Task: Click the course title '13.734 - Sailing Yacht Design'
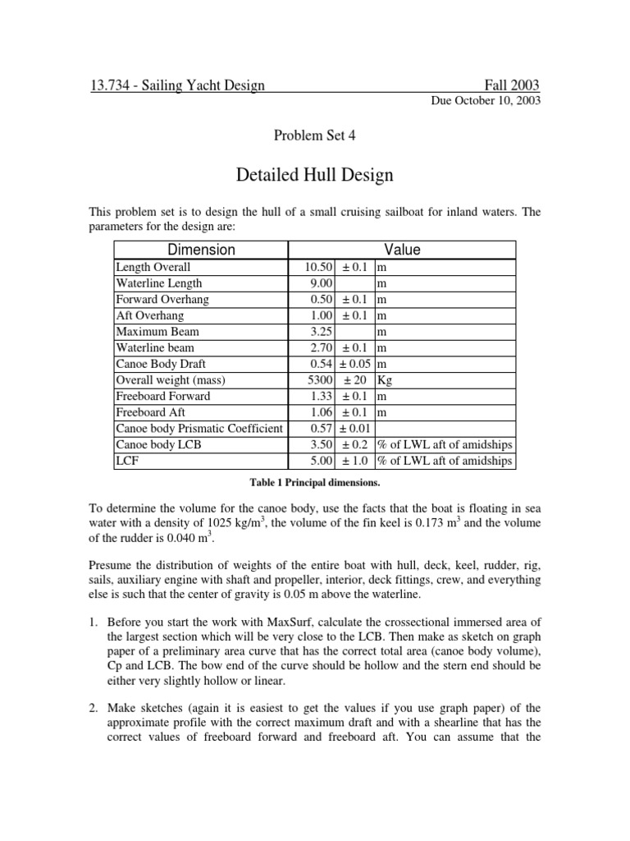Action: (177, 85)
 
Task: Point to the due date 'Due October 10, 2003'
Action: (486, 101)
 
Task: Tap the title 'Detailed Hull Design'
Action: (314, 174)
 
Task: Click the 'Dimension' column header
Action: (200, 250)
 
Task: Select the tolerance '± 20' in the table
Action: (354, 380)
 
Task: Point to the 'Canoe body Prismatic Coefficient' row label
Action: (199, 429)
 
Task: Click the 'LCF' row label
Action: (127, 461)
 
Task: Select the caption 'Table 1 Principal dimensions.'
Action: (314, 482)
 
